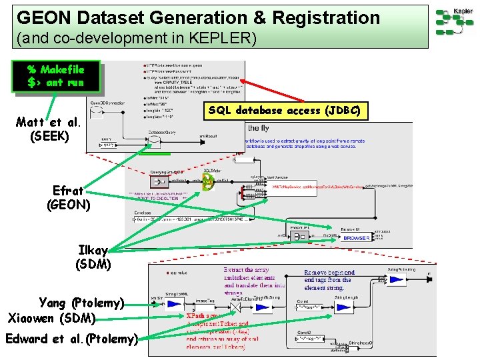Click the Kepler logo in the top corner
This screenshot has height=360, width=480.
[x=455, y=21]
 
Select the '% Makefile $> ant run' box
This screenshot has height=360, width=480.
[x=56, y=76]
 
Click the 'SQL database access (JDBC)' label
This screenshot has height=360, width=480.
[x=285, y=111]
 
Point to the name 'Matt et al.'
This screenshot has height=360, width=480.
[x=49, y=123]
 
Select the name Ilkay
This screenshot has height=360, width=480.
[x=93, y=250]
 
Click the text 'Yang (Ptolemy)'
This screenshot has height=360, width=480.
[x=82, y=303]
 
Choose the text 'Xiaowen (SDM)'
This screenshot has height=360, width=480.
[x=52, y=317]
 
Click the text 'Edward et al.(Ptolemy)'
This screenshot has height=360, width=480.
[x=71, y=339]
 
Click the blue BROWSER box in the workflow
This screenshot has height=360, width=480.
[x=356, y=237]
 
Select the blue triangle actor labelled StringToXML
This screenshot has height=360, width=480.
[x=174, y=304]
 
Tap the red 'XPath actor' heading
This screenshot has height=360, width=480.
[x=207, y=317]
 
